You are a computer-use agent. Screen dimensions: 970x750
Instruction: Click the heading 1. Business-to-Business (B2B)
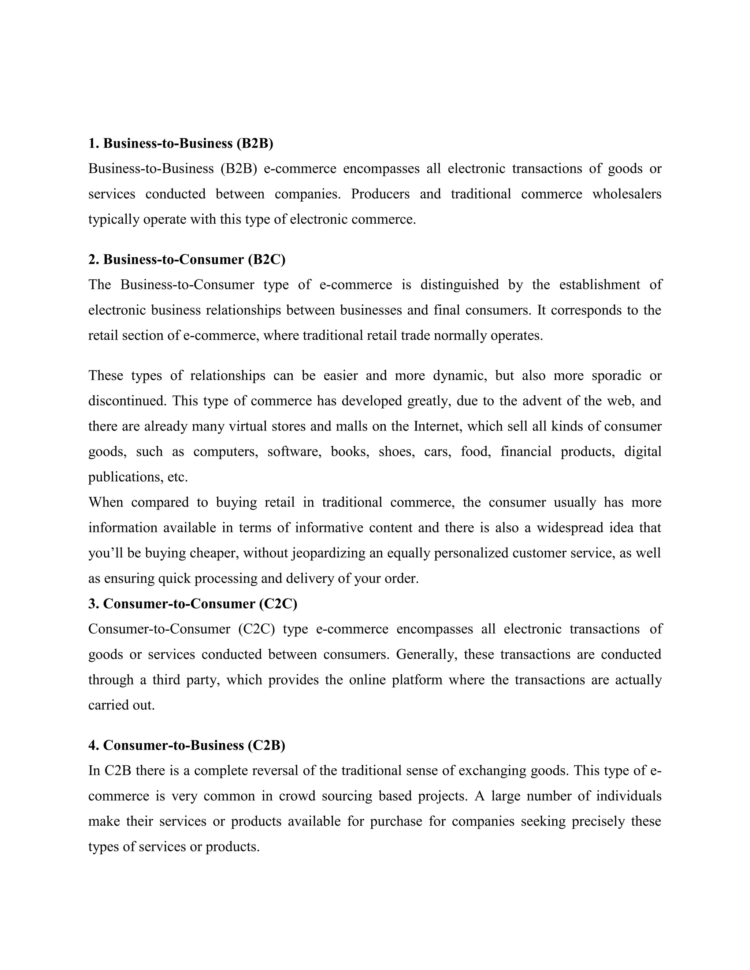pyautogui.click(x=181, y=143)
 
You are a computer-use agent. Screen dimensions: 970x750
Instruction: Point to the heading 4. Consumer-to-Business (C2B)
pyautogui.click(x=187, y=745)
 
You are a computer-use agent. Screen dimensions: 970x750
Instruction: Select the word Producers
pyautogui.click(x=380, y=194)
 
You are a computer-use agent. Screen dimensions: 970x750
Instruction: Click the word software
pyautogui.click(x=294, y=452)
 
